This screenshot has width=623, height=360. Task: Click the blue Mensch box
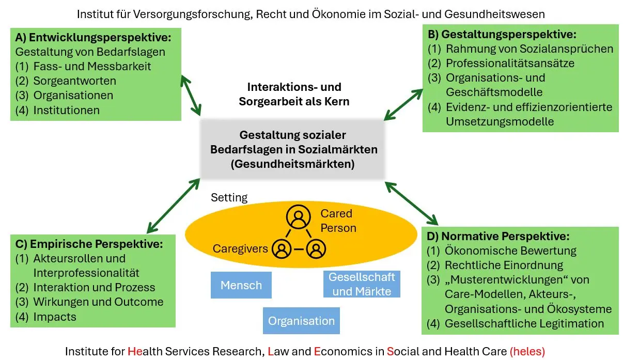[241, 285]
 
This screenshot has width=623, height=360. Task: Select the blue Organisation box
[301, 321]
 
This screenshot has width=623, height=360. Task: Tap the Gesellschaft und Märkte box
[362, 284]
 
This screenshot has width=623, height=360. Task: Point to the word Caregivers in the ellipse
[240, 248]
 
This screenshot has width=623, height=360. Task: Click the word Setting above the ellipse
[229, 197]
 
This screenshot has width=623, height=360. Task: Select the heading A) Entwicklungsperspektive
[93, 37]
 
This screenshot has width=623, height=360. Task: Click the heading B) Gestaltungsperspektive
[502, 35]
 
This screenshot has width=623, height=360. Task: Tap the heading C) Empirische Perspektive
[89, 243]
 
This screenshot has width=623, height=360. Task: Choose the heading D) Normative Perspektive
[498, 237]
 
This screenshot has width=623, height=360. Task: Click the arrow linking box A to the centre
[191, 96]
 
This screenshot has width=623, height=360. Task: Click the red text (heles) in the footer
[527, 351]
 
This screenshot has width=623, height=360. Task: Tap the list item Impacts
[55, 317]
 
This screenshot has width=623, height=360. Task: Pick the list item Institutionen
[66, 109]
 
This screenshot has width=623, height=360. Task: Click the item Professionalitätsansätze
[510, 63]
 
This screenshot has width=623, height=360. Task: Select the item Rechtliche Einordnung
[504, 265]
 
